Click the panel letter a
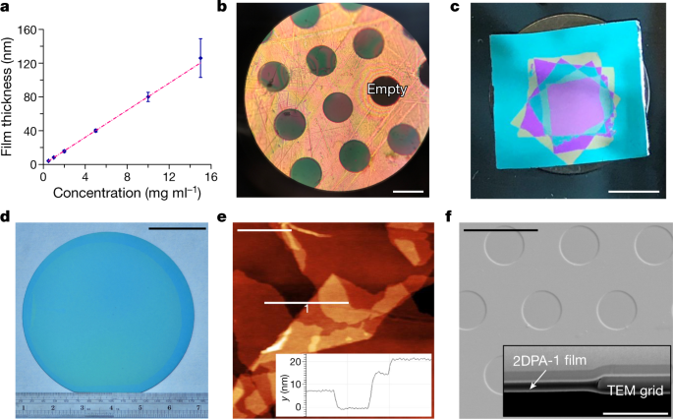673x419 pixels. coord(7,9)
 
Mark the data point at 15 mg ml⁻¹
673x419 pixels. coord(200,58)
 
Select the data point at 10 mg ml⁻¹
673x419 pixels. coord(147,96)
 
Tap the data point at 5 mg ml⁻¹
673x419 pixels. coord(95,131)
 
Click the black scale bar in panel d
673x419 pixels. coord(177,229)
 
